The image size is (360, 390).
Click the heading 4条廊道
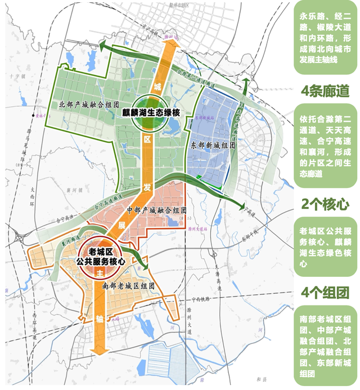pyautogui.click(x=325, y=91)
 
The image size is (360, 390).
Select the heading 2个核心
pyautogui.click(x=325, y=203)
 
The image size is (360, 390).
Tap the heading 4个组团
pyautogui.click(x=325, y=292)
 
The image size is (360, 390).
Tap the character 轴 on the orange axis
pyautogui.click(x=100, y=319)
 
